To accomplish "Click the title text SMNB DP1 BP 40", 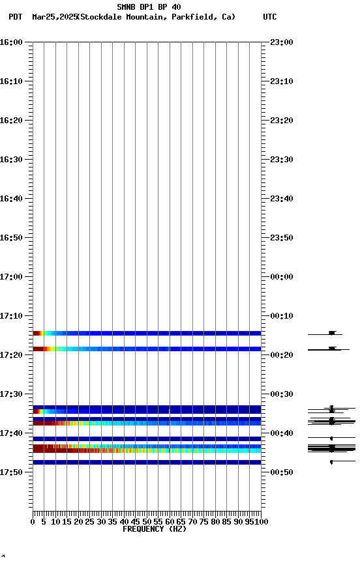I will point(149,7).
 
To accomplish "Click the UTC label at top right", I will point(269,17).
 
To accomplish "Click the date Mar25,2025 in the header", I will point(54,17).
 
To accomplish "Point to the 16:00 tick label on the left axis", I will point(11,42).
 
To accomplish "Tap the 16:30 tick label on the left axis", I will point(11,159).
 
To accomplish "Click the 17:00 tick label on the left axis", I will point(11,276).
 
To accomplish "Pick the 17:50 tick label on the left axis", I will point(11,472).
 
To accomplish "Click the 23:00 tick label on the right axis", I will point(282,42).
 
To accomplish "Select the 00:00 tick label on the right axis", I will point(282,276).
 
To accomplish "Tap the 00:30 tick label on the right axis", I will point(282,394).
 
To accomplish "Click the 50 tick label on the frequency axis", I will point(147,522).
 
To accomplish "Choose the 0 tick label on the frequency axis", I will point(33,522).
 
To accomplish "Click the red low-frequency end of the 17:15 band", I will point(37,333).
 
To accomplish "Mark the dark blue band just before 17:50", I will point(147,462).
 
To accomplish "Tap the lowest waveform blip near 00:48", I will point(331,462).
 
